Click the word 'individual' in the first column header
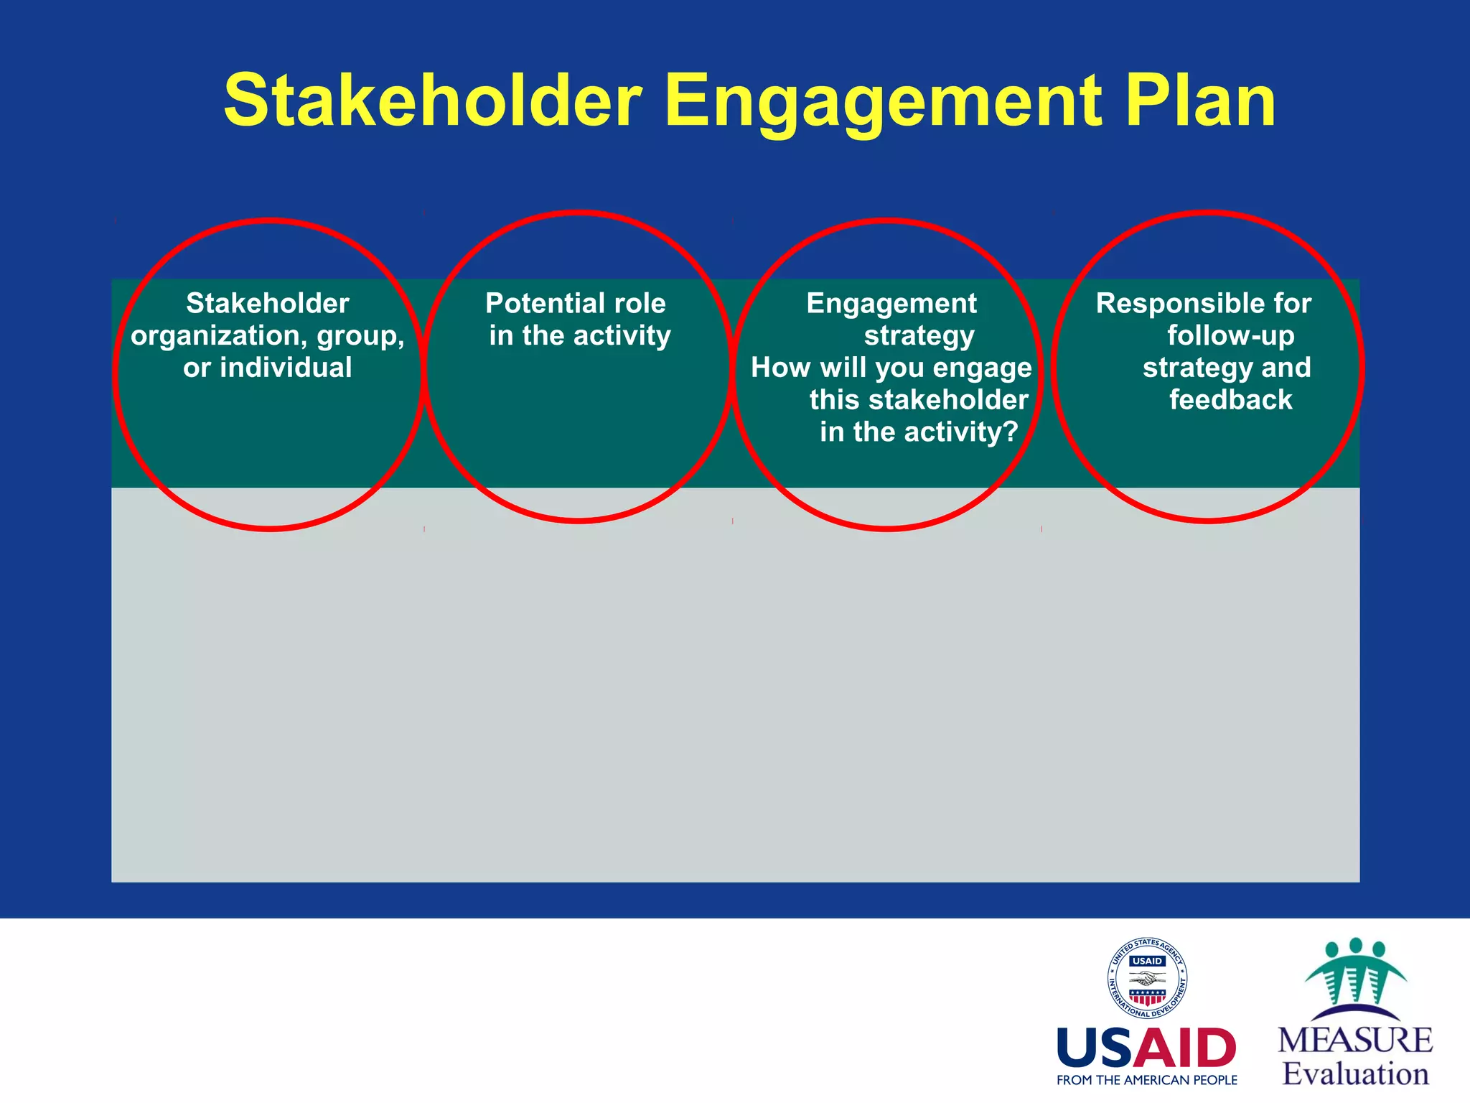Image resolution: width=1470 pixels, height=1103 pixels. pyautogui.click(x=286, y=368)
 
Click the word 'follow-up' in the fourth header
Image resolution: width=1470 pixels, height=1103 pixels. pyautogui.click(x=1230, y=336)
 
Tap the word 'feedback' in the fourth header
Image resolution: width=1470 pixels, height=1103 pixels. pyautogui.click(x=1230, y=400)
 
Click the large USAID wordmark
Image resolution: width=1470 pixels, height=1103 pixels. pyautogui.click(x=1146, y=1048)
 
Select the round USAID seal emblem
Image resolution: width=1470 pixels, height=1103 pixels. pyautogui.click(x=1147, y=978)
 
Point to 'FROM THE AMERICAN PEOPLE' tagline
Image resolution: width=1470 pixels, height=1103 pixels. pyautogui.click(x=1146, y=1080)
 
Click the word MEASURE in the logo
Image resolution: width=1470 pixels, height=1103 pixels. pyautogui.click(x=1354, y=1041)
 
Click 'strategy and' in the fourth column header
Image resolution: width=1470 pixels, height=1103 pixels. pyautogui.click(x=1227, y=368)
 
